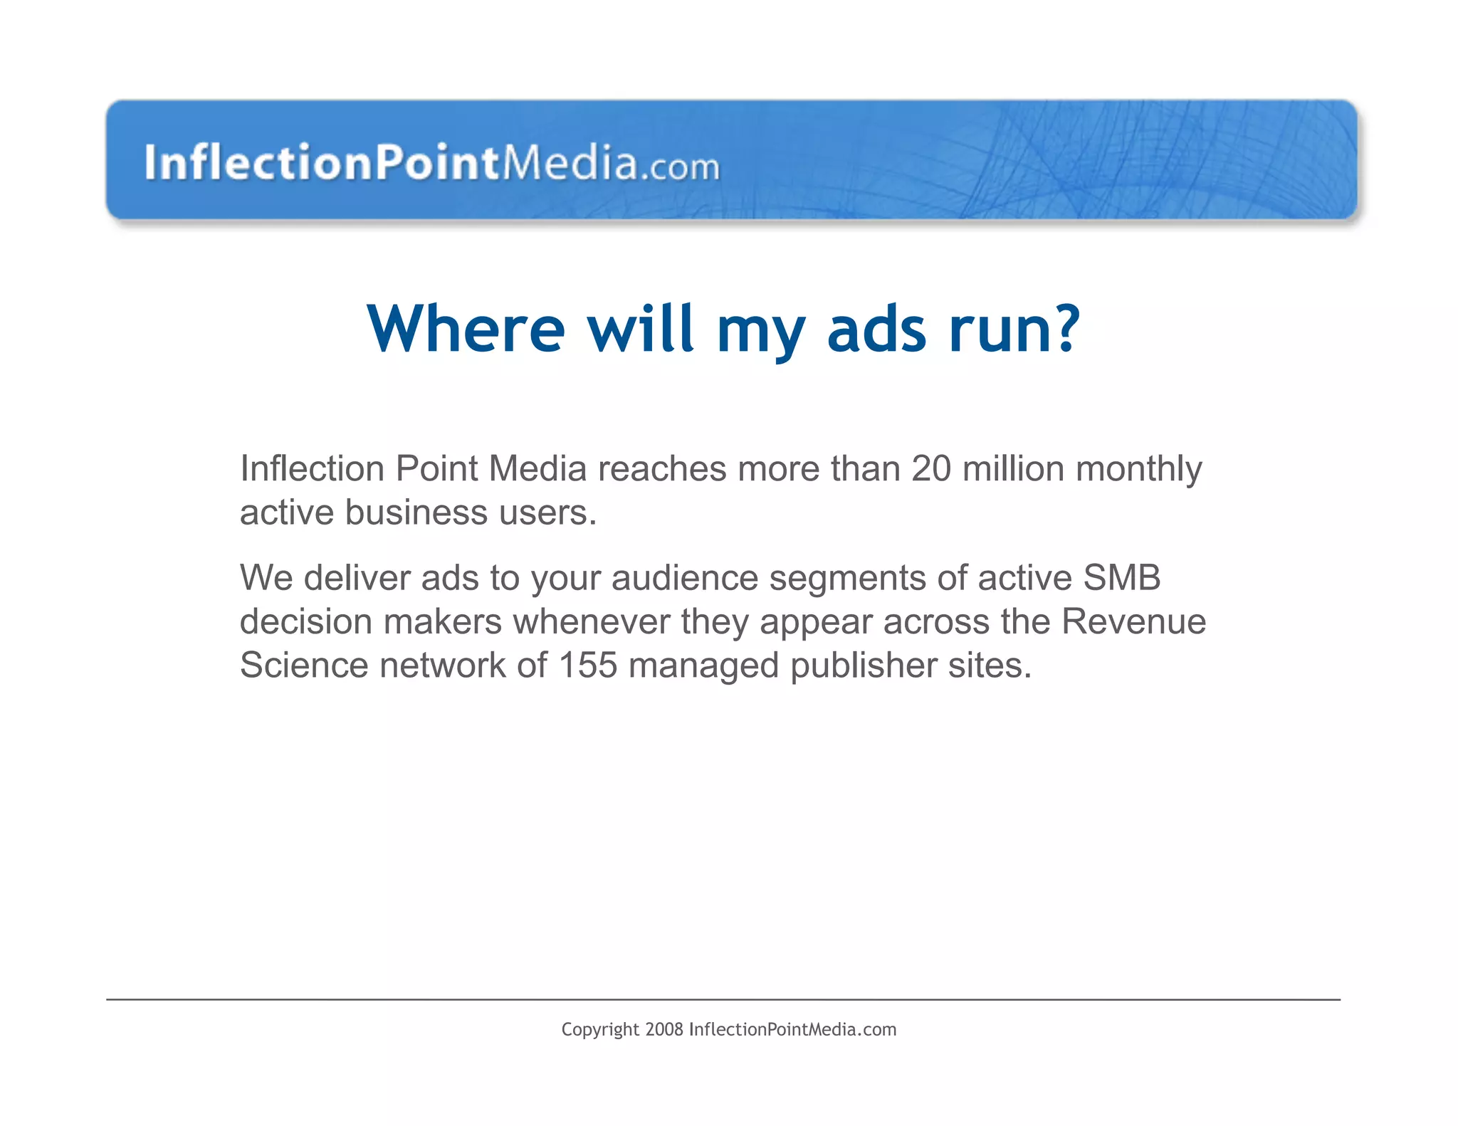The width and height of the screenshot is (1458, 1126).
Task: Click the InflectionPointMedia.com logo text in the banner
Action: coord(431,163)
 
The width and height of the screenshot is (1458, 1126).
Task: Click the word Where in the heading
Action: coord(466,329)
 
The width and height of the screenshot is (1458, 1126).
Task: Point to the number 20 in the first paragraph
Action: coord(930,469)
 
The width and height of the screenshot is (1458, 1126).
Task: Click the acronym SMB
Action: coord(1121,577)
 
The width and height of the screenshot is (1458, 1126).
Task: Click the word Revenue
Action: coord(1133,621)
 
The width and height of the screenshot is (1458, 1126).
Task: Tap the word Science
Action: coord(304,665)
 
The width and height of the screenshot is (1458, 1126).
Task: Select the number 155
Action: coord(588,665)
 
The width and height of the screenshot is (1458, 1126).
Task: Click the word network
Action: coord(442,665)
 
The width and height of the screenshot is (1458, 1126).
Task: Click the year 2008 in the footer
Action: coord(664,1030)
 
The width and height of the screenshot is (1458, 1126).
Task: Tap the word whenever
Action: coord(592,621)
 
